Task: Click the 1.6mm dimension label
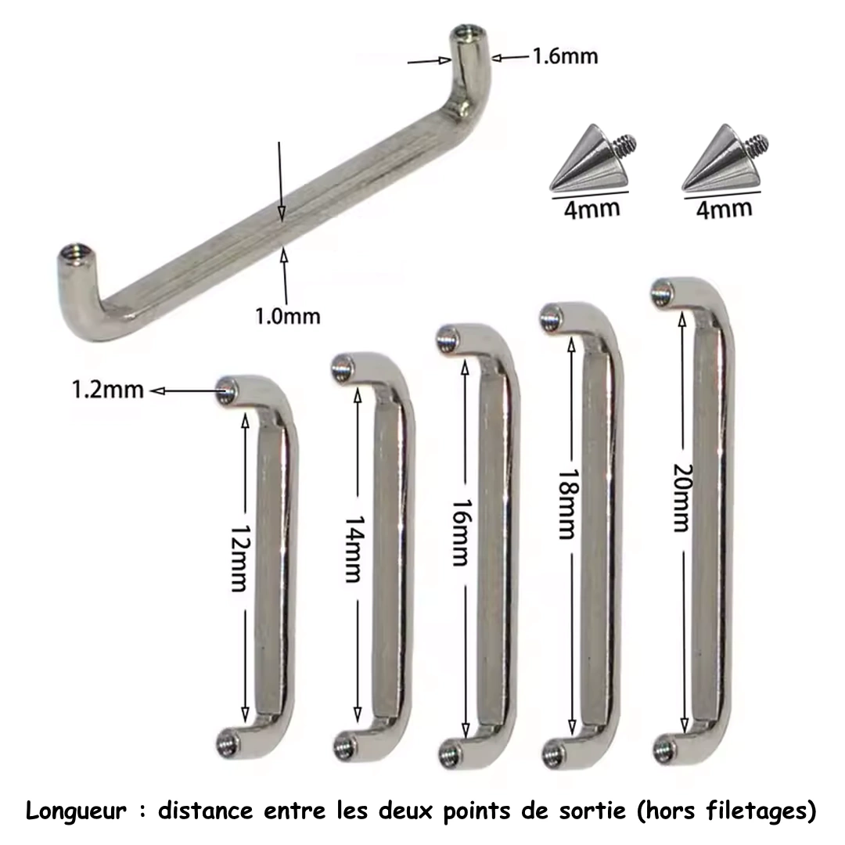tap(566, 56)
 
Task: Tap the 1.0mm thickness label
tap(287, 316)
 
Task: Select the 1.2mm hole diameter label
tap(108, 390)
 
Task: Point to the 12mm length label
tap(238, 559)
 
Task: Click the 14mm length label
tap(354, 549)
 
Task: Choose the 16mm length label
tap(460, 533)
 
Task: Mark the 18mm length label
tap(567, 505)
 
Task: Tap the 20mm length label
tap(681, 498)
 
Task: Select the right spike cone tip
tap(721, 126)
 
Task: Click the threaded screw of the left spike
tap(627, 145)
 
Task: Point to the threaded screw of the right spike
tap(759, 143)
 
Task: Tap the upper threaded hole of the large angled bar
tap(465, 34)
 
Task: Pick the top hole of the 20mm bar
tap(663, 293)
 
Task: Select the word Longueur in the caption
tap(76, 811)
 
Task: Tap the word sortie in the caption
tap(592, 811)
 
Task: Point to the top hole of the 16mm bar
tap(447, 340)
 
